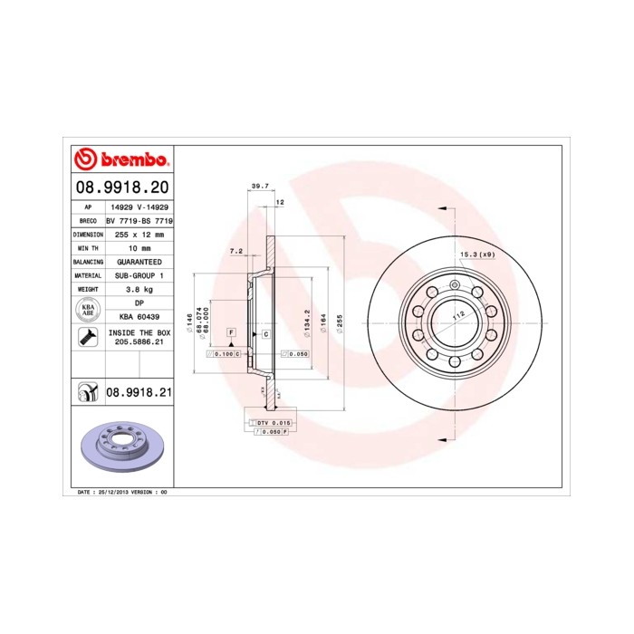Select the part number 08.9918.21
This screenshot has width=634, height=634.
(139, 393)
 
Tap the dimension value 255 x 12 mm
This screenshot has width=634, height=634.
(139, 234)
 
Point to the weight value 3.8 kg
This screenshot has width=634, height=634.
(139, 288)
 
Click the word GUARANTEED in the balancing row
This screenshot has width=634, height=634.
(139, 261)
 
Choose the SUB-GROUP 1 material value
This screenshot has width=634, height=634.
(139, 274)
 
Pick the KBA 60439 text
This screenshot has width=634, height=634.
(139, 316)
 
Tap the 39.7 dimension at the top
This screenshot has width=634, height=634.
(258, 186)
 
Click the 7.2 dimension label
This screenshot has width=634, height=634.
(235, 252)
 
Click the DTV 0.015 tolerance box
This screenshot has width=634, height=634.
(271, 423)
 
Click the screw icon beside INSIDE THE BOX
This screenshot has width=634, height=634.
(87, 339)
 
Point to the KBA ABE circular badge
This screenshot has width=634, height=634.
(87, 310)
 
